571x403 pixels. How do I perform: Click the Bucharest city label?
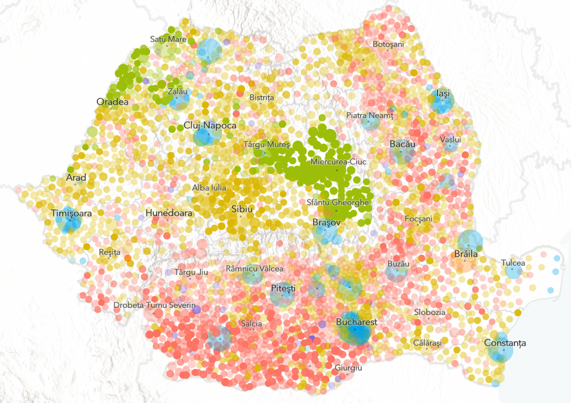356,322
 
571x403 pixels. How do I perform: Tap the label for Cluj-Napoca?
210,125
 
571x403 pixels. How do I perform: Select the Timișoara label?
71,212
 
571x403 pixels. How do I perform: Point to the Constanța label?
505,343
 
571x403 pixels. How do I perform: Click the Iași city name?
442,93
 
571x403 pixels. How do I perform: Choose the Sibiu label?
242,209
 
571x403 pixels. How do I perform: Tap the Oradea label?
112,101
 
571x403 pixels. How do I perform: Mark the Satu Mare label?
168,39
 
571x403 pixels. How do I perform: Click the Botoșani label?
388,44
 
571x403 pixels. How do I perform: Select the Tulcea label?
513,262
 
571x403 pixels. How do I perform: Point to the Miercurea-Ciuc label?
337,162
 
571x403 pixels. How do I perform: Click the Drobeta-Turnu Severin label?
155,305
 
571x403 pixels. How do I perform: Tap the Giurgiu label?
348,368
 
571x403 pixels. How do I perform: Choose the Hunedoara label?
169,212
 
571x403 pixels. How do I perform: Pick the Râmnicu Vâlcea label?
254,268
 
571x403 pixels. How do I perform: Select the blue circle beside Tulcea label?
513,271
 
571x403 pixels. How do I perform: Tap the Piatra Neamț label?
369,115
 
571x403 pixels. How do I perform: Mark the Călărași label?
427,343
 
